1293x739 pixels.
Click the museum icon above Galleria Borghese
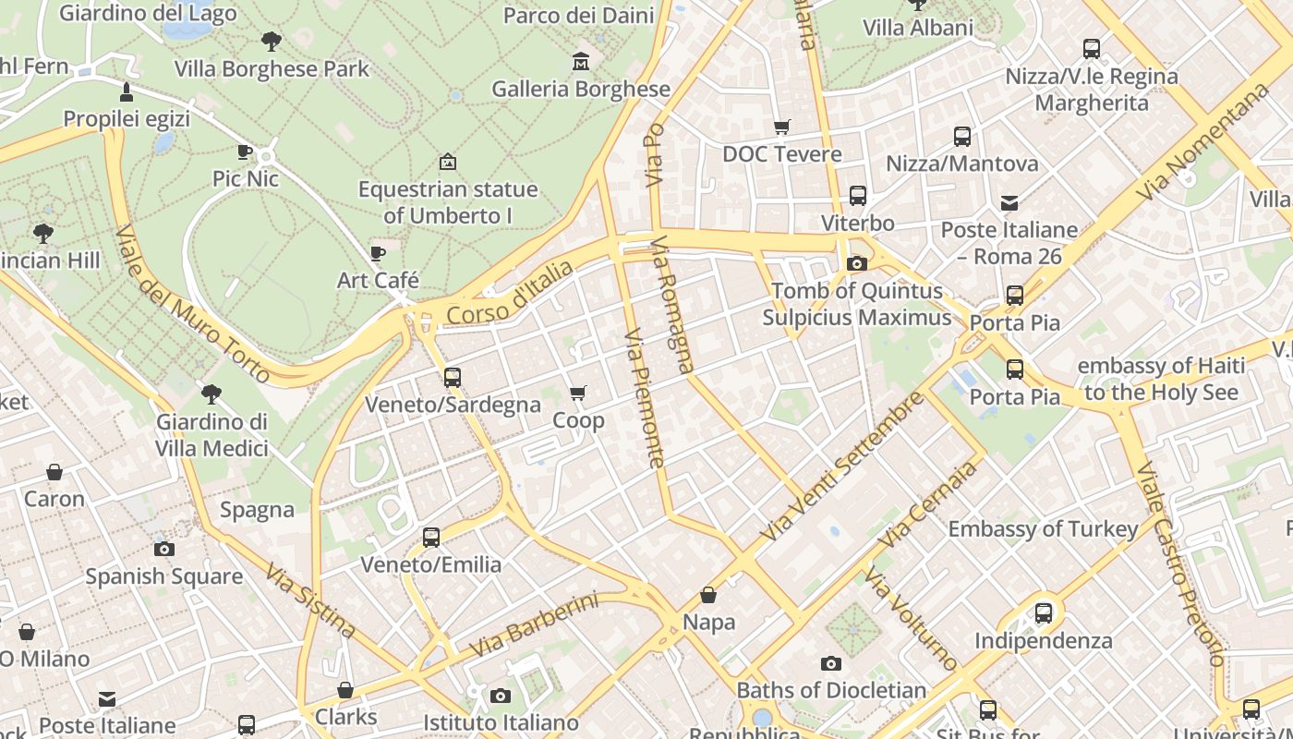pyautogui.click(x=581, y=61)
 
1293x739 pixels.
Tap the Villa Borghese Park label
pyautogui.click(x=272, y=69)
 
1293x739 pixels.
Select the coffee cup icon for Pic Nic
pyautogui.click(x=245, y=151)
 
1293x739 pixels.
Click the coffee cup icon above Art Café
pyautogui.click(x=377, y=253)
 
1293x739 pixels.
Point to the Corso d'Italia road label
pyautogui.click(x=509, y=293)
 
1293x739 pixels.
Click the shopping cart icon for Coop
pyautogui.click(x=578, y=394)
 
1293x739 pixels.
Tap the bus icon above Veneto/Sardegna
pyautogui.click(x=452, y=377)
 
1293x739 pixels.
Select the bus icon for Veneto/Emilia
pyautogui.click(x=430, y=537)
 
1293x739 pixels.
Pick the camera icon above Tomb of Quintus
pyautogui.click(x=856, y=264)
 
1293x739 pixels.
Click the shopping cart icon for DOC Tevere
pyautogui.click(x=781, y=127)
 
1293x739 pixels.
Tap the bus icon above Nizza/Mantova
pyautogui.click(x=961, y=137)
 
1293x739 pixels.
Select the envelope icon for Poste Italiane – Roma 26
pyautogui.click(x=1009, y=202)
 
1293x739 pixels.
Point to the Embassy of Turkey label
pyautogui.click(x=1043, y=529)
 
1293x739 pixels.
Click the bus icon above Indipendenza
pyautogui.click(x=1043, y=612)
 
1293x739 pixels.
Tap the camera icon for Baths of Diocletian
pyautogui.click(x=830, y=663)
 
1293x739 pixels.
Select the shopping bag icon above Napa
pyautogui.click(x=708, y=595)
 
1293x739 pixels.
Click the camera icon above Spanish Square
pyautogui.click(x=164, y=549)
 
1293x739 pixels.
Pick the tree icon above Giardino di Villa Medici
pyautogui.click(x=211, y=394)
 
